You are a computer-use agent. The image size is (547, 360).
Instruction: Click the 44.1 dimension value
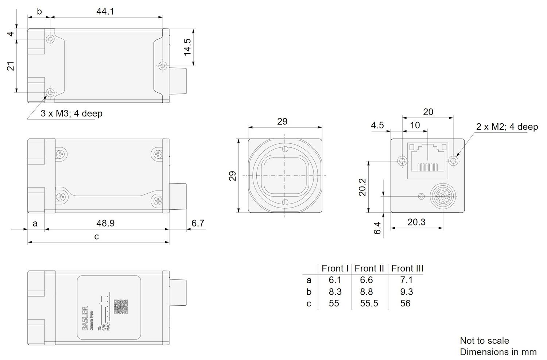pyautogui.click(x=105, y=11)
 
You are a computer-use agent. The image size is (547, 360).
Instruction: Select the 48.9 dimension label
pyautogui.click(x=105, y=223)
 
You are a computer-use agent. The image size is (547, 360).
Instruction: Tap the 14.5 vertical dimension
pyautogui.click(x=187, y=47)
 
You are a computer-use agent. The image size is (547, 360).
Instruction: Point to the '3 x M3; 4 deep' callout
pyautogui.click(x=71, y=113)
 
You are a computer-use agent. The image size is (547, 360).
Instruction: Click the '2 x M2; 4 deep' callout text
pyautogui.click(x=507, y=127)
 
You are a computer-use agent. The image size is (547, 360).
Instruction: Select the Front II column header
pyautogui.click(x=369, y=268)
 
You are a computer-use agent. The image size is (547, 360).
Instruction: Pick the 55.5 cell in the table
pyautogui.click(x=369, y=303)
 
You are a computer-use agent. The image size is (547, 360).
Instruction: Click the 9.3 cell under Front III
pyautogui.click(x=406, y=291)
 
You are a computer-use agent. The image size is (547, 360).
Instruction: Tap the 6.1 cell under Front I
pyautogui.click(x=334, y=280)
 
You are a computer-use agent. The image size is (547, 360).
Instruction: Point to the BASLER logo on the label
pyautogui.click(x=85, y=319)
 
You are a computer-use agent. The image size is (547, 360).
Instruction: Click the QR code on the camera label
pyautogui.click(x=121, y=307)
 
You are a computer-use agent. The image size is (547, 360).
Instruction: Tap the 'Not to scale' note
pyautogui.click(x=484, y=341)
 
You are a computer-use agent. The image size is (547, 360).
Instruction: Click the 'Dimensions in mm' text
pyautogui.click(x=498, y=352)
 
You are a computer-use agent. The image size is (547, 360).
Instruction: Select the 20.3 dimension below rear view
pyautogui.click(x=416, y=222)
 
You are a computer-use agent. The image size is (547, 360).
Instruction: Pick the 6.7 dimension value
pyautogui.click(x=198, y=223)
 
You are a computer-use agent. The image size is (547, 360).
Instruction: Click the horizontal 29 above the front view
pyautogui.click(x=282, y=121)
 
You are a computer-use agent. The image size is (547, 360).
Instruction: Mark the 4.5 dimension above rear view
pyautogui.click(x=377, y=125)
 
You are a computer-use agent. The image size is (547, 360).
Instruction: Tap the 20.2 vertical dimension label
pyautogui.click(x=362, y=187)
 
